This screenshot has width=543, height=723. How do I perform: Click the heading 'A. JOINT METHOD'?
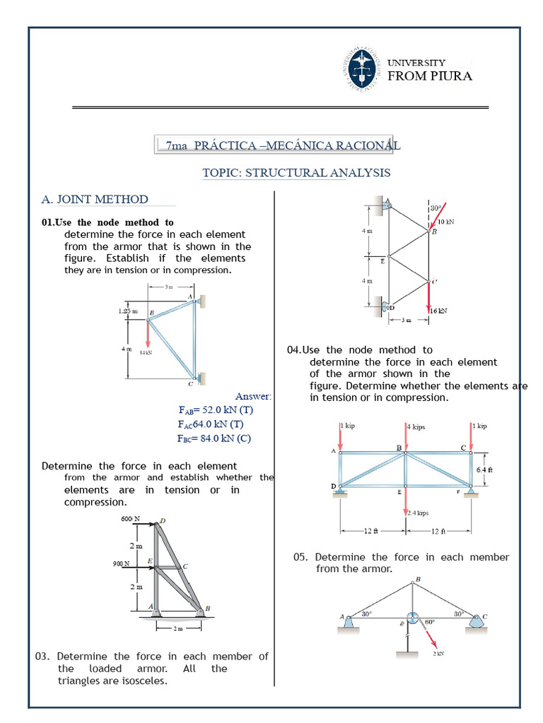click(95, 200)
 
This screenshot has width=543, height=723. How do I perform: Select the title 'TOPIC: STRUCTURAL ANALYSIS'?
click(296, 173)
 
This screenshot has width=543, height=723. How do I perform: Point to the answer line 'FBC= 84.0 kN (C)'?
click(214, 438)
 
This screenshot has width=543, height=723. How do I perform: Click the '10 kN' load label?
click(445, 221)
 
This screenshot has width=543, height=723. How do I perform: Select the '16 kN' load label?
click(438, 310)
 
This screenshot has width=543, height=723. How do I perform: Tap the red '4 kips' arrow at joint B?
click(406, 437)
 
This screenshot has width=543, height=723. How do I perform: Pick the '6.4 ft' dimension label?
click(484, 470)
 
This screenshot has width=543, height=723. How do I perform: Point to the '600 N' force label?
click(132, 520)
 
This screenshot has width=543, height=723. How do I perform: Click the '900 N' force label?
click(121, 563)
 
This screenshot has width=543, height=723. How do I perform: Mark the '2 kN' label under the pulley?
click(438, 655)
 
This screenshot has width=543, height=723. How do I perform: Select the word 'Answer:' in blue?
click(253, 396)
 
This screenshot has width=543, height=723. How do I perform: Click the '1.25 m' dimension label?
click(127, 311)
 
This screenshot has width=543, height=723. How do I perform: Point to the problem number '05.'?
click(301, 557)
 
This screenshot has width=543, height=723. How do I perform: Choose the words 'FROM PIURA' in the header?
click(430, 76)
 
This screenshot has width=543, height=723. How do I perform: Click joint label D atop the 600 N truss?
click(163, 521)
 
